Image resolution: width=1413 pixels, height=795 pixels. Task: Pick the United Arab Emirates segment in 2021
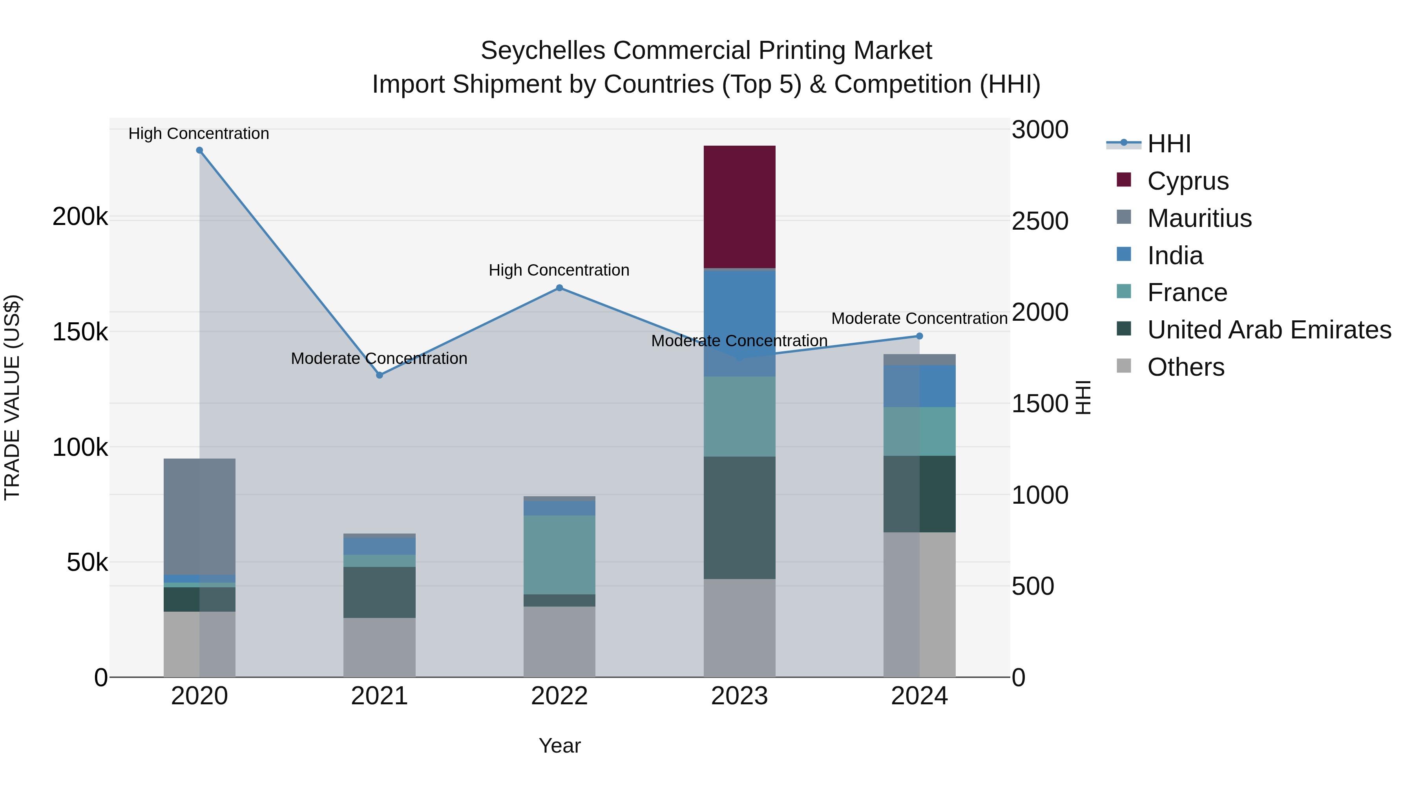379,592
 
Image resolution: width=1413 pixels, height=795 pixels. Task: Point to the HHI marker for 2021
379,375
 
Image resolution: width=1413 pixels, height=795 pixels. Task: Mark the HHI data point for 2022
559,287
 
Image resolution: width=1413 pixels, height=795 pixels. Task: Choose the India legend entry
1174,256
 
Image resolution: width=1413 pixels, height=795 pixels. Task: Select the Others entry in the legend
1185,367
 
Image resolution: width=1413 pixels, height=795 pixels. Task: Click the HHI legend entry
1168,144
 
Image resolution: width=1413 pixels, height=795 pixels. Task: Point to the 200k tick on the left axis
80,217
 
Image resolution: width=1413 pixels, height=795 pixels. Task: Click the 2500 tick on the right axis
1039,221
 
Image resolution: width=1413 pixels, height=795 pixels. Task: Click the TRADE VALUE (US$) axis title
12,397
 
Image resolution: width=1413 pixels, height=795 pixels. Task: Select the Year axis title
559,746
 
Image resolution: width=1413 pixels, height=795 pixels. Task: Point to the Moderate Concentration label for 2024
919,318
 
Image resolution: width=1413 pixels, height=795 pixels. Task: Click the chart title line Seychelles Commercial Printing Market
706,51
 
